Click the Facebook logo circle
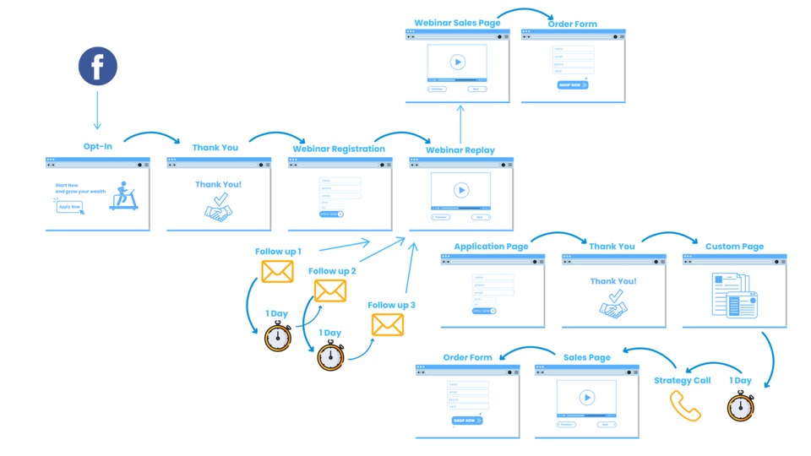pos(98,66)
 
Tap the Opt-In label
pos(98,147)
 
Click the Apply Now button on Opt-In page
pos(69,206)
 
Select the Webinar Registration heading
pos(339,149)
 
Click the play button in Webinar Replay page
pos(461,190)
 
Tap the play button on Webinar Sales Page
pos(457,62)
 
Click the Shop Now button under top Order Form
pos(573,85)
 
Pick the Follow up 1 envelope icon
pos(277,271)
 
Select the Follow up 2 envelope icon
pos(330,290)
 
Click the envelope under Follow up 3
pos(388,324)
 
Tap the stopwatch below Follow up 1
pos(278,336)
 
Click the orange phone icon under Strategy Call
pos(685,405)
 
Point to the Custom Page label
pos(734,247)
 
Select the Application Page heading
pos(491,247)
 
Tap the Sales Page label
pos(587,358)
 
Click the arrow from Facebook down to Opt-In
pos(98,110)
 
